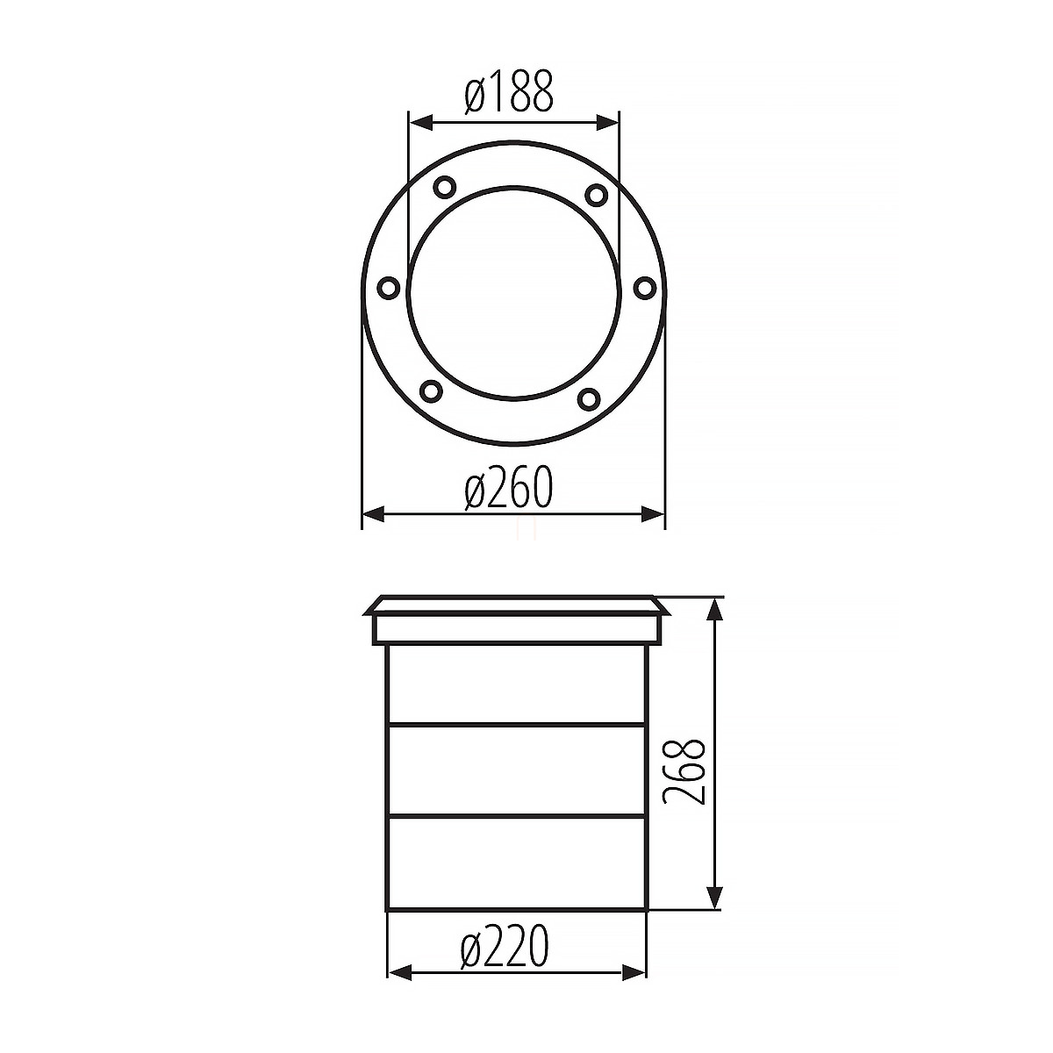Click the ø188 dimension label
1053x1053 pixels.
tap(509, 92)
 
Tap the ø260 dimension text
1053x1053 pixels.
tap(509, 488)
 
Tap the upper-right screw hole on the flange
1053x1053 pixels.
tap(596, 194)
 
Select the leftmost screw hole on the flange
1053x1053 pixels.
tap(389, 288)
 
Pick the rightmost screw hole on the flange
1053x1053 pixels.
tap(645, 288)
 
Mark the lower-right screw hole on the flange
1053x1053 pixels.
tap(589, 398)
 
